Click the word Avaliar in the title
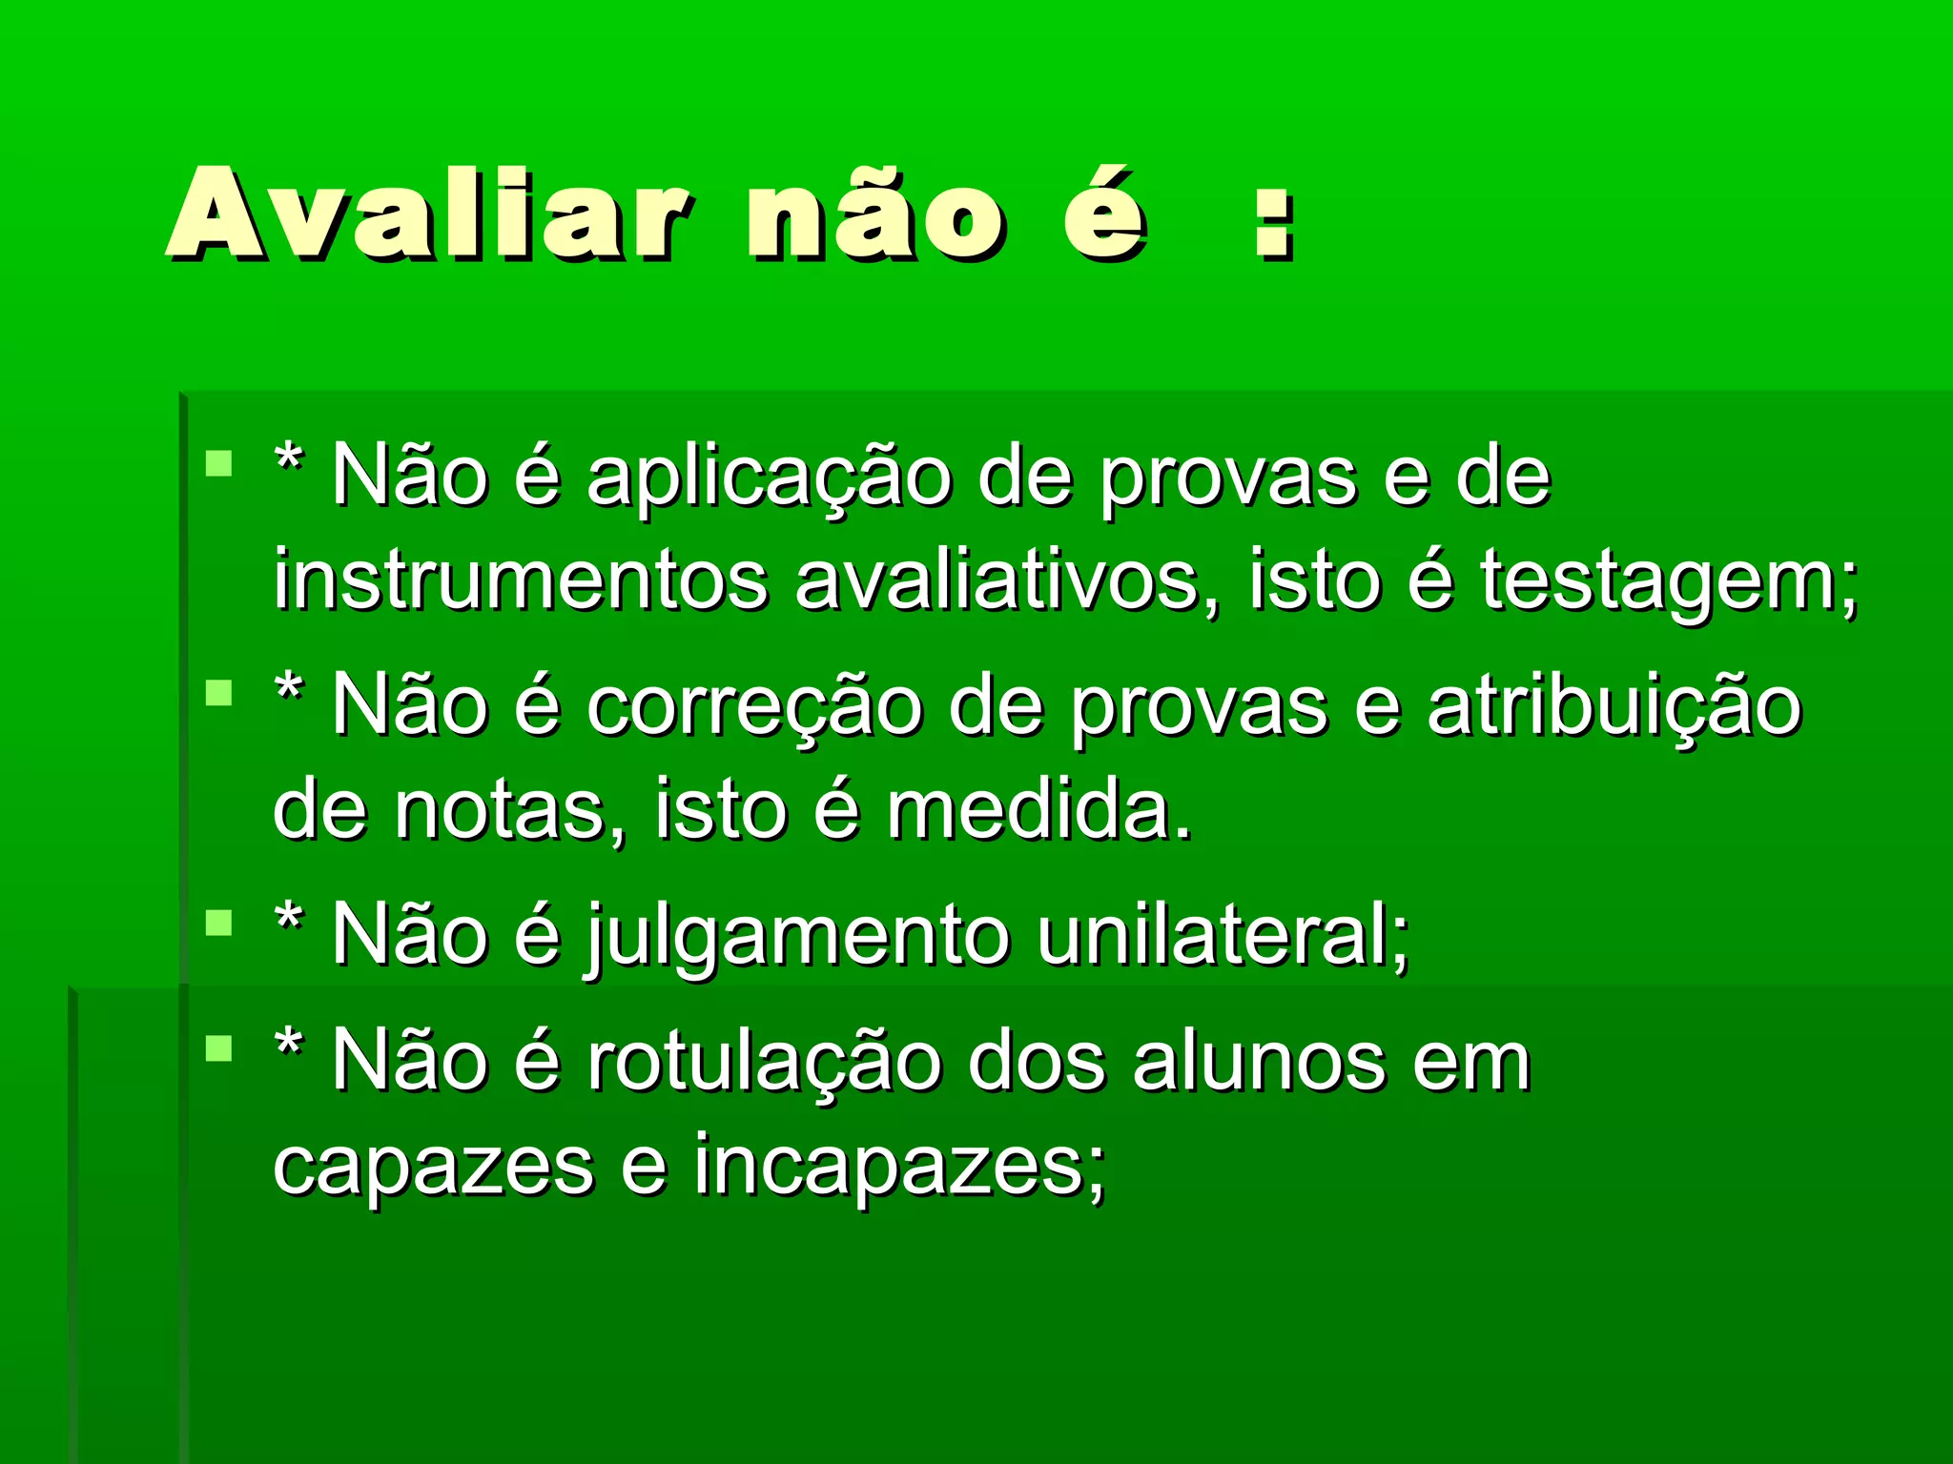(428, 213)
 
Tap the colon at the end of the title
(1275, 223)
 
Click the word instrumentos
(521, 580)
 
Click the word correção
(754, 707)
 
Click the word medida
(1038, 811)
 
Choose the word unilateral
(1222, 935)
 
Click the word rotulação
(763, 1061)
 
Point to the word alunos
(1259, 1061)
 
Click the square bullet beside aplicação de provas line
(219, 464)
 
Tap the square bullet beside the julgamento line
(219, 923)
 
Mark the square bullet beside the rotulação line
(219, 1048)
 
